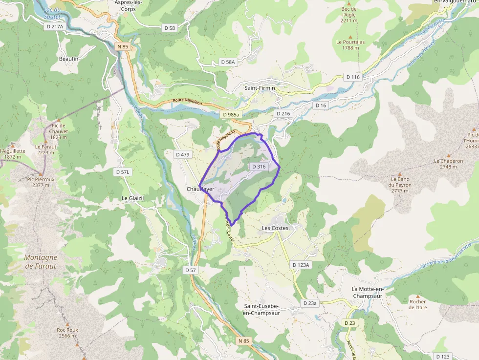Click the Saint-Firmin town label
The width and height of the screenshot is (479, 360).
click(260, 88)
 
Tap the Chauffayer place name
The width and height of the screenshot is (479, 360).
click(200, 189)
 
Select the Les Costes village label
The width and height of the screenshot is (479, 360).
click(275, 228)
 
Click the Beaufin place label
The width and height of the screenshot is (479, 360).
click(68, 59)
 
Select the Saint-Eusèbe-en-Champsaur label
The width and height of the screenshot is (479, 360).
click(261, 309)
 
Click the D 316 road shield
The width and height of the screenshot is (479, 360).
click(259, 167)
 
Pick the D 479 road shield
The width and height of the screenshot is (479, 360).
click(182, 154)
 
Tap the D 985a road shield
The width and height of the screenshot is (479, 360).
click(231, 114)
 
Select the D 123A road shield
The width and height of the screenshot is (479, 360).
click(301, 265)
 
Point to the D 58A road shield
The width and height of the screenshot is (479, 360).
click(228, 62)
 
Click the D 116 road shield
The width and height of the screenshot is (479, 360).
click(352, 77)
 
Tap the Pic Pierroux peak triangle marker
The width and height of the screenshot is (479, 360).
click(41, 173)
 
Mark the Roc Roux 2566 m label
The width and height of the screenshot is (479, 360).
click(67, 333)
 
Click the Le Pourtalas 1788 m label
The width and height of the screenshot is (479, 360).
click(350, 45)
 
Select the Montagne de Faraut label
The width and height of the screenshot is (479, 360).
click(41, 262)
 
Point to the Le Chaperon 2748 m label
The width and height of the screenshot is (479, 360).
click(448, 164)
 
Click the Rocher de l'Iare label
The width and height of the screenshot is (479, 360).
click(418, 304)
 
